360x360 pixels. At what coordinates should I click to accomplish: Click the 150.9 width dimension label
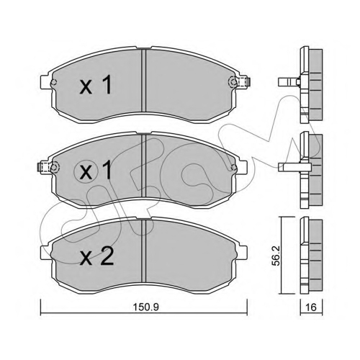[146, 307]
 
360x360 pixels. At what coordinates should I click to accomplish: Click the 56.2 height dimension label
[277, 256]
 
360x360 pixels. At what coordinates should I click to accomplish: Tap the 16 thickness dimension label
[311, 307]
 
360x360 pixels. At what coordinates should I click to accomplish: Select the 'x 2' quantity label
[96, 256]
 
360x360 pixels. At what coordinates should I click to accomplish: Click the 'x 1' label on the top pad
[96, 84]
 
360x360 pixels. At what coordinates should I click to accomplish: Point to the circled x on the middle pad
[86, 172]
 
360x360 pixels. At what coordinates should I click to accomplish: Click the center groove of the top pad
[143, 80]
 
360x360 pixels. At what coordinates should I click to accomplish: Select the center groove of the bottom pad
[143, 251]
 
